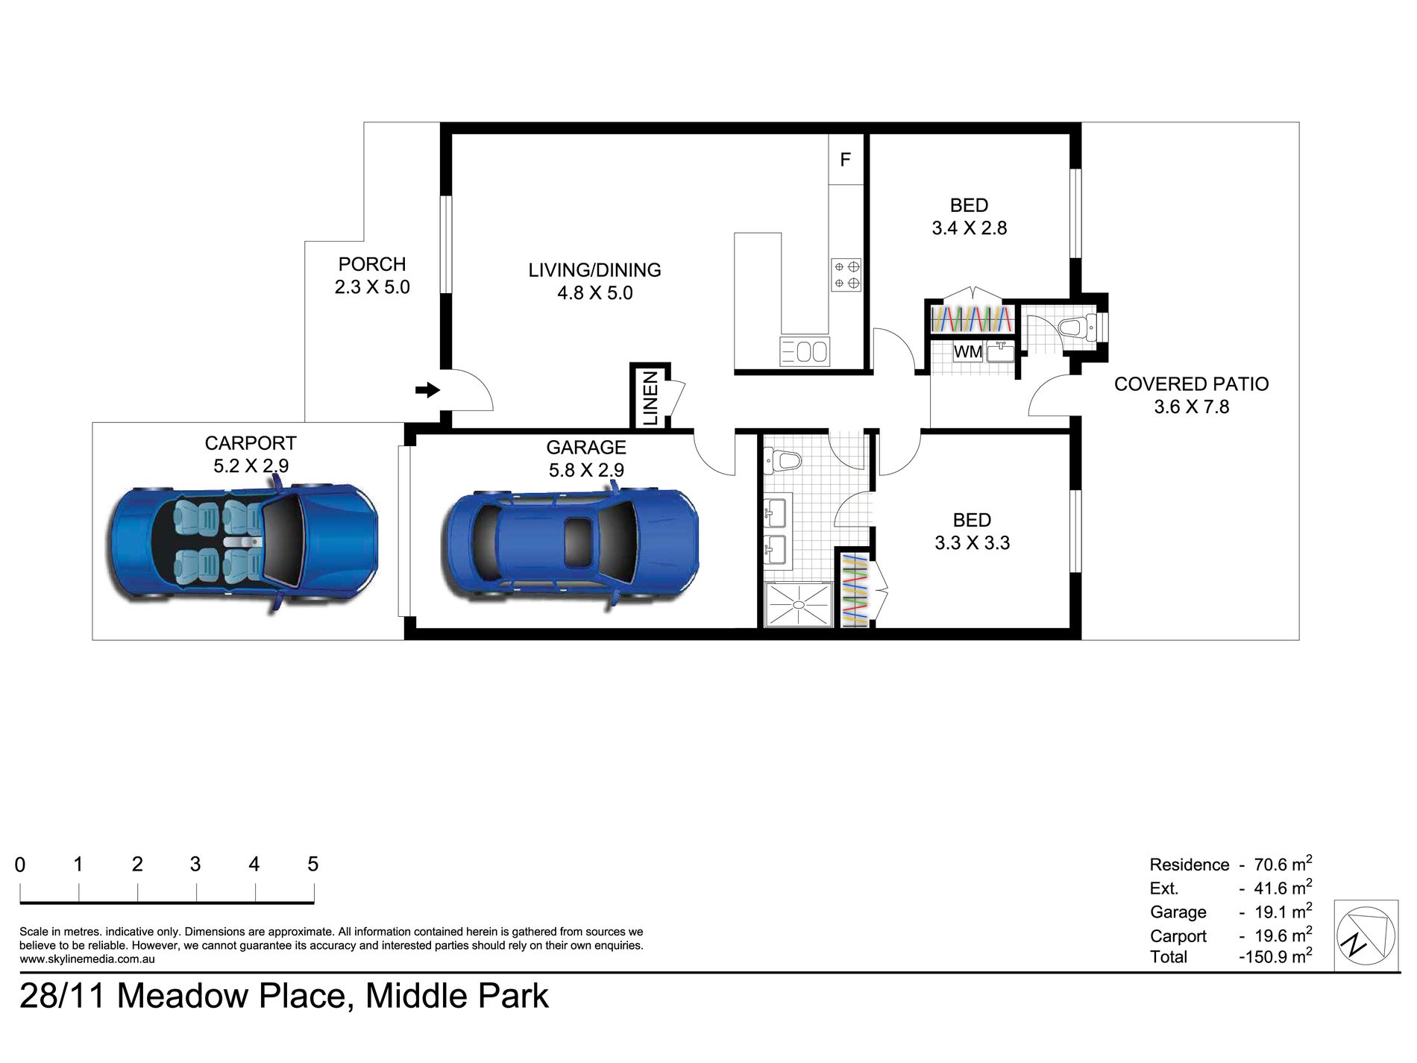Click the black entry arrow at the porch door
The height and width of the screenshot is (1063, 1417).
[427, 389]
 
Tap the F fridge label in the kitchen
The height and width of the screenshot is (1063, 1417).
[845, 159]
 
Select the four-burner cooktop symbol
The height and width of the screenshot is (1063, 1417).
[846, 275]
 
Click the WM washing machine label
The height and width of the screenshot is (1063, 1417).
[968, 351]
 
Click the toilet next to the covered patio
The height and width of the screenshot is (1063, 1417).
[1077, 327]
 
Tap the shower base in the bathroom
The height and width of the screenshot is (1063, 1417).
[798, 604]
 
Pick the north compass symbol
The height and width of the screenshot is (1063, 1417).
[1366, 935]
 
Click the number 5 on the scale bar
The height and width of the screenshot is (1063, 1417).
[312, 864]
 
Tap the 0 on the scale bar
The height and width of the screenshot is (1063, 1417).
[20, 865]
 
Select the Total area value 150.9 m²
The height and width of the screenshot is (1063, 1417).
[1275, 956]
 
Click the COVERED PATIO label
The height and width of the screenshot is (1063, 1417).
[1191, 383]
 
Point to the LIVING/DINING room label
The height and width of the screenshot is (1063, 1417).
[594, 270]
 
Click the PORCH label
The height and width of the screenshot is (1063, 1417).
[372, 264]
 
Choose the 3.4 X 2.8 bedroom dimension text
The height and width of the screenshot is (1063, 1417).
[969, 228]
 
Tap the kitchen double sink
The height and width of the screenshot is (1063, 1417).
[805, 351]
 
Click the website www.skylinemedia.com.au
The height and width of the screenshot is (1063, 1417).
[87, 959]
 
